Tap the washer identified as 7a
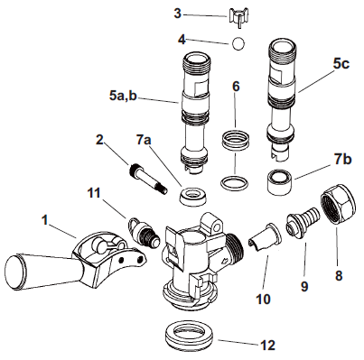coord(191,195)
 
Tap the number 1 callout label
coord(44,218)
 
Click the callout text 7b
coord(341,160)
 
